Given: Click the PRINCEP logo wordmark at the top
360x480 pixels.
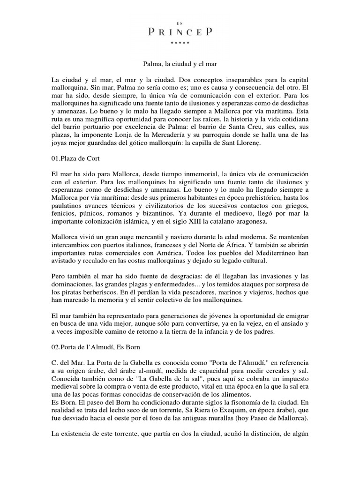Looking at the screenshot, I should tap(180, 32).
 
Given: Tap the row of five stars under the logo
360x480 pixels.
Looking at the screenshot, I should tap(180, 43).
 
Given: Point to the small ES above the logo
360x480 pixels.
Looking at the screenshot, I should tap(180, 22).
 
